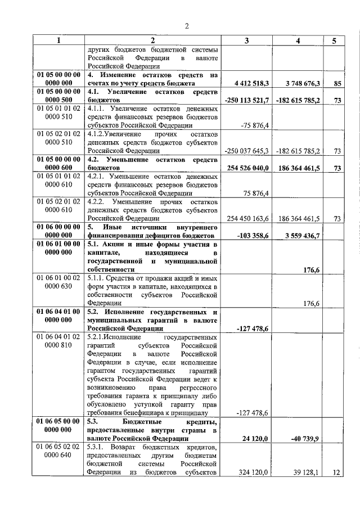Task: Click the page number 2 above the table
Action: (187, 25)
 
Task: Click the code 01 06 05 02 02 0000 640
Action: (59, 451)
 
